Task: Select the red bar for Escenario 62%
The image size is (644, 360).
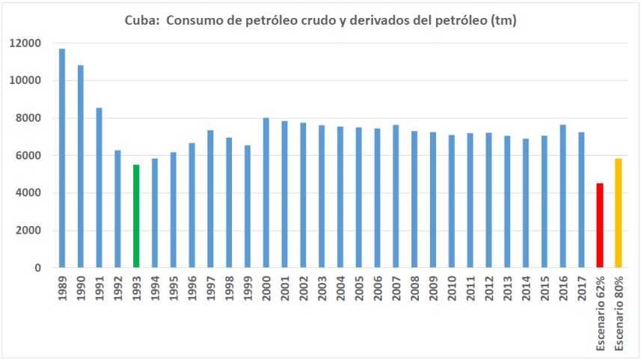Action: click(599, 225)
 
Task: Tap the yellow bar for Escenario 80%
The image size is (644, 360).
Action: click(618, 213)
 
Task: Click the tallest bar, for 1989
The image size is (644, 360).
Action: click(62, 158)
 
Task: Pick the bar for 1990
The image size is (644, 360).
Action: click(81, 166)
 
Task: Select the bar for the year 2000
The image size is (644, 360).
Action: click(266, 192)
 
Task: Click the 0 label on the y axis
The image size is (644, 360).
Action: click(37, 268)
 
